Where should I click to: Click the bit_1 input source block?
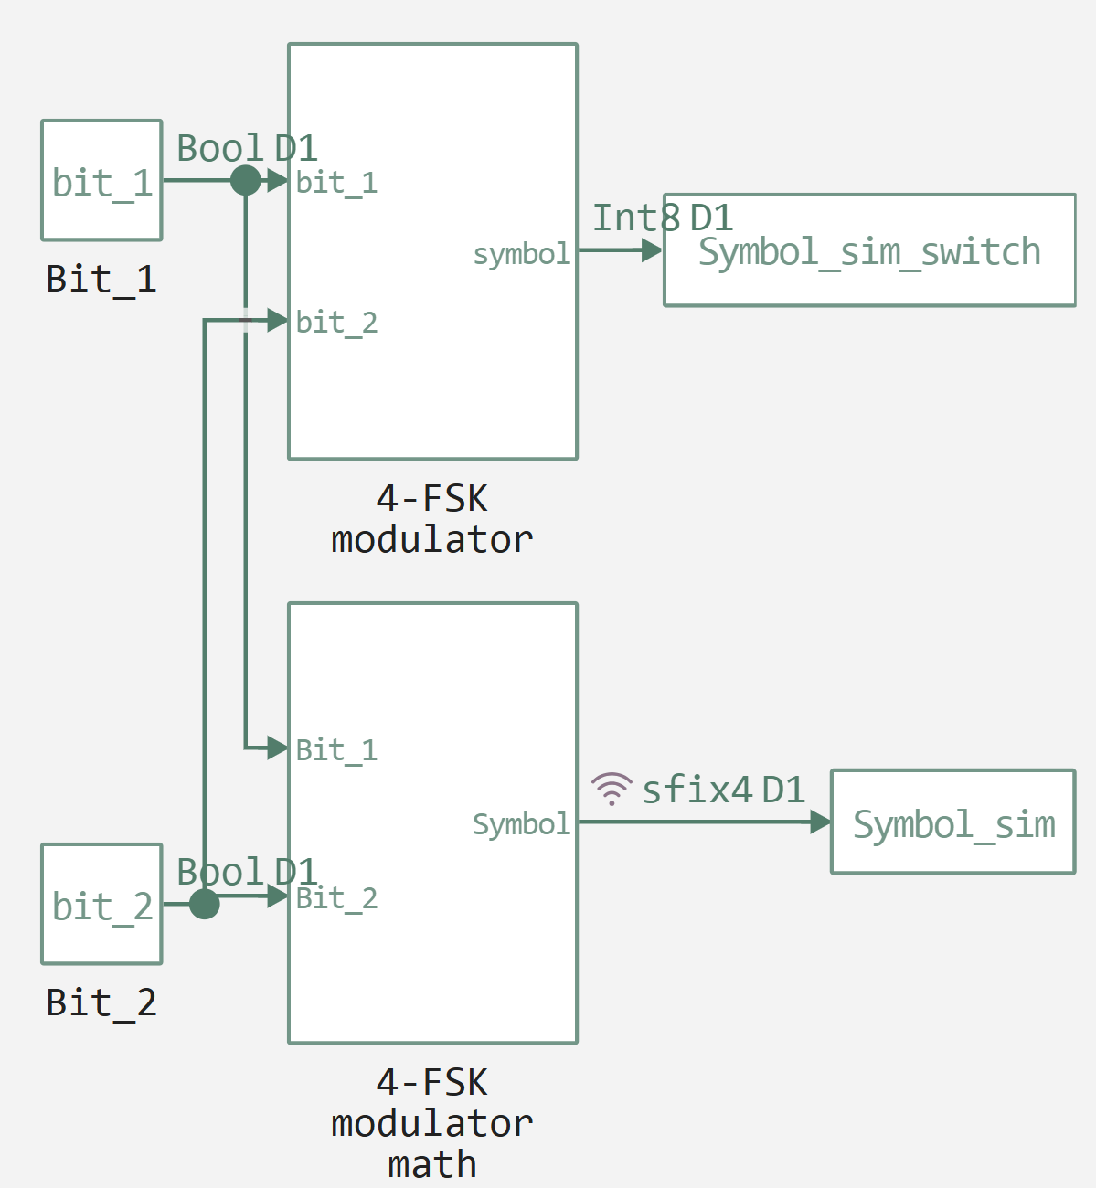(101, 181)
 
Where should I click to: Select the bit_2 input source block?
(101, 904)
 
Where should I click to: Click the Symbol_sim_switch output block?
(868, 250)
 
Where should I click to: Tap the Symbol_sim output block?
(952, 822)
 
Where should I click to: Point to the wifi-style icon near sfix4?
(611, 788)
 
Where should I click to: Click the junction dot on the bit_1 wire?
(245, 180)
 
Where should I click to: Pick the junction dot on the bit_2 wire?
(204, 904)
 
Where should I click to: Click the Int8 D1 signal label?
(662, 217)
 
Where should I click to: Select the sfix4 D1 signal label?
(722, 790)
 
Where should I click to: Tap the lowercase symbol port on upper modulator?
(521, 254)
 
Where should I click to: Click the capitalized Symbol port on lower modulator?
(521, 824)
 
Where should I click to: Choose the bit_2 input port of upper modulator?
(335, 322)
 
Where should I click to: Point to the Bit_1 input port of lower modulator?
(335, 749)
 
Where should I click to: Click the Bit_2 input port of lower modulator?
(335, 897)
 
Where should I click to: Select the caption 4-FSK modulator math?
(431, 1123)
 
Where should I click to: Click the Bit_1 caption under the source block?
(101, 279)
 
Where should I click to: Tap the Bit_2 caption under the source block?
(101, 1002)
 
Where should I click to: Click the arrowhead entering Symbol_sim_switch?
(653, 249)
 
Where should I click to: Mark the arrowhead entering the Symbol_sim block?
(820, 822)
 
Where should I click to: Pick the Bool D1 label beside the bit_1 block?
(246, 148)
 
